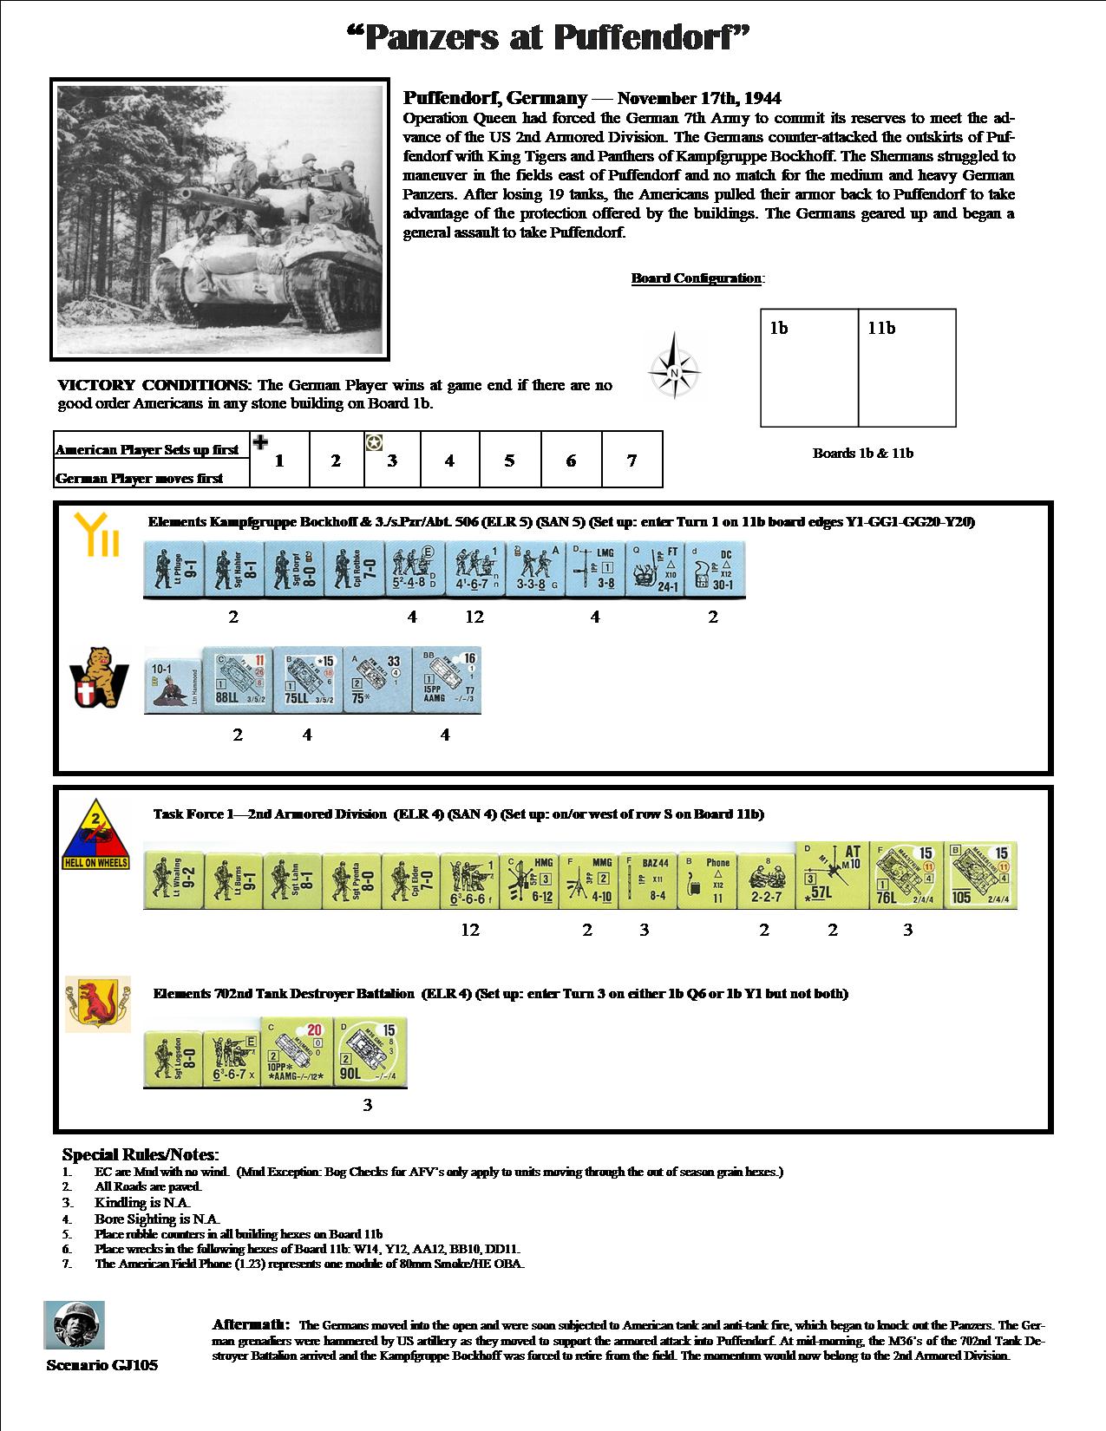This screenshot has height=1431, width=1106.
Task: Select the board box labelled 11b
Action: (906, 368)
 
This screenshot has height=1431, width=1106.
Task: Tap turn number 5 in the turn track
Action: (509, 461)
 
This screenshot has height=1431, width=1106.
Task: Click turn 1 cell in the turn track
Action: (279, 461)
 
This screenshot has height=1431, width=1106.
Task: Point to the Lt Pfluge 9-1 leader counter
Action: (173, 570)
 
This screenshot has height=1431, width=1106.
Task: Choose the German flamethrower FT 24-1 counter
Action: (654, 570)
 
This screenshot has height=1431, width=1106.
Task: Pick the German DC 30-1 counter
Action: (714, 570)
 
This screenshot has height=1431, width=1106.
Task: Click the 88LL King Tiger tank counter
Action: (237, 681)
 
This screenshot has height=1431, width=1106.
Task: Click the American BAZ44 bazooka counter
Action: (647, 880)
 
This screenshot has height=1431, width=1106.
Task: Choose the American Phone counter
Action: (707, 880)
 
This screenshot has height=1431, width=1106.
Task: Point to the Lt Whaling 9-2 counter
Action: (173, 880)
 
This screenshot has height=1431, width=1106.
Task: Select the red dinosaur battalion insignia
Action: (97, 1004)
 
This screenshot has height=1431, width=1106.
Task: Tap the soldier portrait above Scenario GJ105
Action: (74, 1324)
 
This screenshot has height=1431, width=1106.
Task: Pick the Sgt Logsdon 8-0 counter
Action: (173, 1061)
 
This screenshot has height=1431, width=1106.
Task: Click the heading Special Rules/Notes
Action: (141, 1154)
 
